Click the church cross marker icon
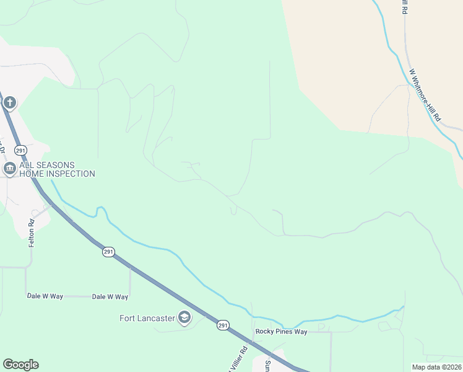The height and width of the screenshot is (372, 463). click(10, 102)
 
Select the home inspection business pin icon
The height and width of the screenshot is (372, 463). click(9, 169)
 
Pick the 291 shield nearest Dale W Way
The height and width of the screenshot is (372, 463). click(108, 252)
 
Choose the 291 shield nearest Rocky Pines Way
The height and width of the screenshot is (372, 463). click(223, 325)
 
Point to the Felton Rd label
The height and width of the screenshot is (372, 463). click(31, 233)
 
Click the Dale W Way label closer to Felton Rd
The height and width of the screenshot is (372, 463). click(45, 296)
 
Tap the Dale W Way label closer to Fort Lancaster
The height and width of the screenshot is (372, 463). click(110, 296)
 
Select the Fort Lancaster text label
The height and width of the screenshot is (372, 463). click(147, 319)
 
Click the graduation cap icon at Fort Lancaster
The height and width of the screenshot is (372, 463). click(184, 318)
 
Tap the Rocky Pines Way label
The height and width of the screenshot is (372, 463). click(281, 332)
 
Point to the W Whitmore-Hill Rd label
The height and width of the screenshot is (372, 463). click(425, 94)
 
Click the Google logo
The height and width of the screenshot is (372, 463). click(20, 365)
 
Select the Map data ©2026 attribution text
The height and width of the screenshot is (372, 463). click(436, 367)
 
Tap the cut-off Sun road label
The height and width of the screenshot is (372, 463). click(268, 365)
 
